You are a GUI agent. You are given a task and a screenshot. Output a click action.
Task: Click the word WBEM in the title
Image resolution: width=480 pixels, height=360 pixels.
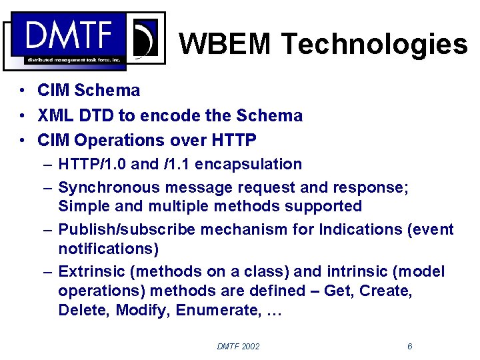pos(225,44)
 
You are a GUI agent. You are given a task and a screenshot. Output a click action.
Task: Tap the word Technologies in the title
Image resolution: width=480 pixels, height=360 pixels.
pos(374,44)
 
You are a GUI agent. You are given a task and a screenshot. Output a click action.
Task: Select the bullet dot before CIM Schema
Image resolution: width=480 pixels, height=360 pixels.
pos(23,91)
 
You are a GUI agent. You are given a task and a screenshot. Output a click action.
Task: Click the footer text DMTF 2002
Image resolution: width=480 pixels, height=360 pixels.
pos(238,346)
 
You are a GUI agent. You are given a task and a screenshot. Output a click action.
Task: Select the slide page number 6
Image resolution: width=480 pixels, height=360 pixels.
pos(409,346)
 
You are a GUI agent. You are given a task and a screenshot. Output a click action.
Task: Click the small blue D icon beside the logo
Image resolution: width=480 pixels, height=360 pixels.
pos(145,39)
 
